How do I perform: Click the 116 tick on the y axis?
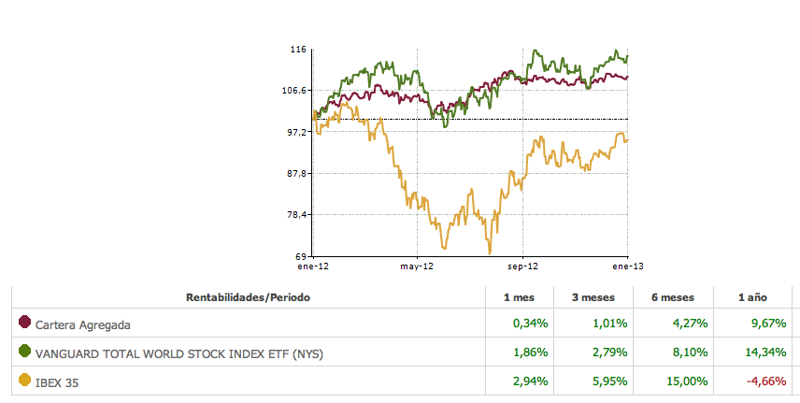[x=299, y=49]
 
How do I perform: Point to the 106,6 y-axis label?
[x=295, y=91]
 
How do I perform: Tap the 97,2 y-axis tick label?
[x=297, y=132]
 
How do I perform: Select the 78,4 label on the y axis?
[x=297, y=215]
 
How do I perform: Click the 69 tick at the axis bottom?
[x=301, y=256]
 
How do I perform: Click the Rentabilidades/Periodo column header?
[x=248, y=297]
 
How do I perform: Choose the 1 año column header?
[x=752, y=297]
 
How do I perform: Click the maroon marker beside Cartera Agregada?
[x=25, y=324]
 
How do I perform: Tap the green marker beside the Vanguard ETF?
[x=25, y=353]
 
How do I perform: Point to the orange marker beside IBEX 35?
[x=25, y=381]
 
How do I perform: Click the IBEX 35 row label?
[x=59, y=382]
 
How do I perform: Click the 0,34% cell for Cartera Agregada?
[x=530, y=325]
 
